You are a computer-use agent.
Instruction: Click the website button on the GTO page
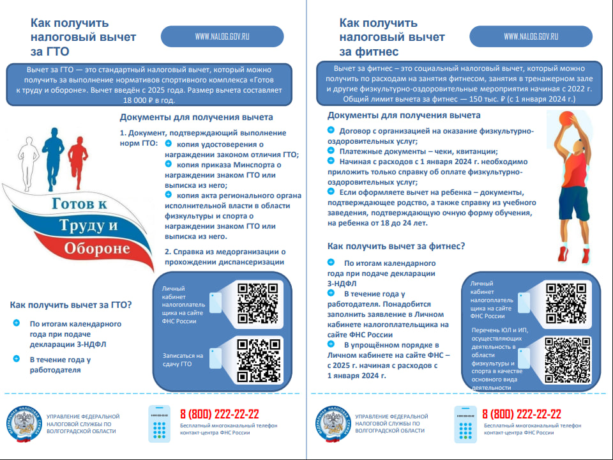[222, 36]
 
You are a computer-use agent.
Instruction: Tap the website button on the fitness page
[531, 36]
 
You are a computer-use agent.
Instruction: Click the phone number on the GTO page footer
[219, 414]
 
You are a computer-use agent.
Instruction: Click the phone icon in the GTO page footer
[160, 423]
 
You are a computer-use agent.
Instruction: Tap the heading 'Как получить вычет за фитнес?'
[396, 246]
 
